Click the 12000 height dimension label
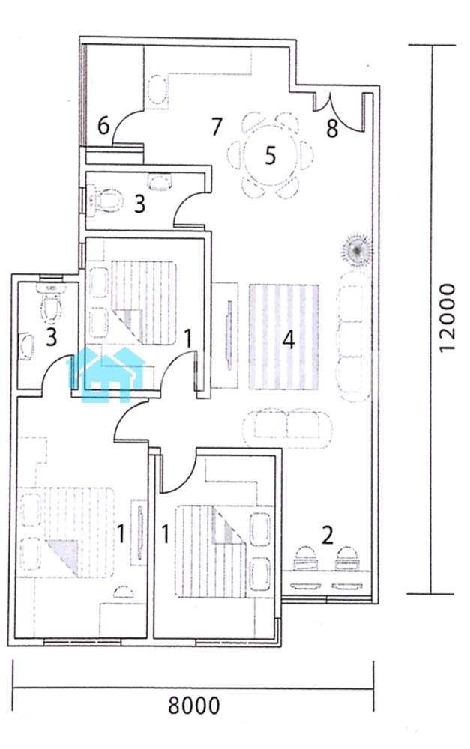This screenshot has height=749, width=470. tap(447, 318)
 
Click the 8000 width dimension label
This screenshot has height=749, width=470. tap(193, 705)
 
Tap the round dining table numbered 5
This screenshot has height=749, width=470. tap(270, 155)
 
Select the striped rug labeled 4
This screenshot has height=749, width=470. tap(284, 337)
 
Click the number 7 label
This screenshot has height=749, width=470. tap(217, 126)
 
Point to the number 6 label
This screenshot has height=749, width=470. tap(103, 126)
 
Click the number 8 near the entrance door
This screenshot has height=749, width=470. tap(332, 129)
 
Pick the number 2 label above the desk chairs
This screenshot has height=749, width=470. tap(327, 536)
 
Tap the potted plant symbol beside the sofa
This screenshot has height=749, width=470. tap(357, 249)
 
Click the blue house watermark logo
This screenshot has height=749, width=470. tap(106, 374)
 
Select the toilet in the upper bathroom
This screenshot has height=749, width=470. tap(105, 201)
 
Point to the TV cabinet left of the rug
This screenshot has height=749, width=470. tap(225, 335)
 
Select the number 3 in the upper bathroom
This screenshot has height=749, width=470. tap(139, 204)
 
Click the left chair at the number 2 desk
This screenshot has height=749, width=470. tap(304, 559)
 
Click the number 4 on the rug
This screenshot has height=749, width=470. tap(289, 340)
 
